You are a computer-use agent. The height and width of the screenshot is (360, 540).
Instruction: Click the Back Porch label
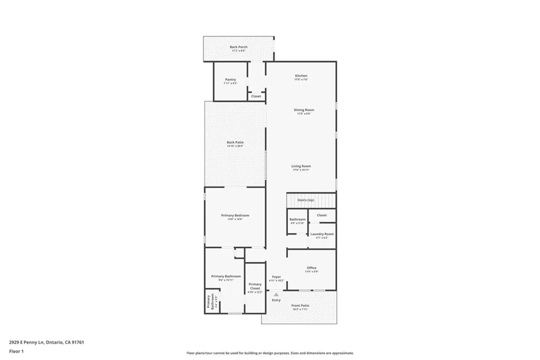coord(238,47)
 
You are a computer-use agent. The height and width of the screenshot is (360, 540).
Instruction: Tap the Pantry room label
coord(230,80)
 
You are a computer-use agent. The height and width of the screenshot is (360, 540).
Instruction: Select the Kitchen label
coord(301,76)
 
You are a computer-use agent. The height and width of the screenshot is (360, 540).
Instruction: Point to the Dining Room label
coord(304,110)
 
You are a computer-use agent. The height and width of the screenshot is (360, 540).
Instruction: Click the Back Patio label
coord(235,142)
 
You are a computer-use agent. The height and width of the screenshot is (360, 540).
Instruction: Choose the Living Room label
coord(301,167)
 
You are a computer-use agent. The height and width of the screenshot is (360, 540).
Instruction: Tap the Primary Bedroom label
coord(235,216)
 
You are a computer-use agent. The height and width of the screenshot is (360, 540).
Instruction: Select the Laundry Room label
coord(322,234)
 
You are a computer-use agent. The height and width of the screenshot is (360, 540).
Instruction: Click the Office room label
coord(312,268)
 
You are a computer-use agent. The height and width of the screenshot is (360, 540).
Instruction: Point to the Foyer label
coord(276,277)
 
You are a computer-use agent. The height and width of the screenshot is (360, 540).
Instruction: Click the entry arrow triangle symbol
coord(276,295)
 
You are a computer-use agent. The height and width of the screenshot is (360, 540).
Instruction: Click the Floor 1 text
coord(16,351)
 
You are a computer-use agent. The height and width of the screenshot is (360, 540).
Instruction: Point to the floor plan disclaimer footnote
coord(269,353)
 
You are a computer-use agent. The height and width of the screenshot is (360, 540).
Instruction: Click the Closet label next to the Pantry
coord(256,96)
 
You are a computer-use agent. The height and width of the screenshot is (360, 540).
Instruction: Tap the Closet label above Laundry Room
coord(322,215)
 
